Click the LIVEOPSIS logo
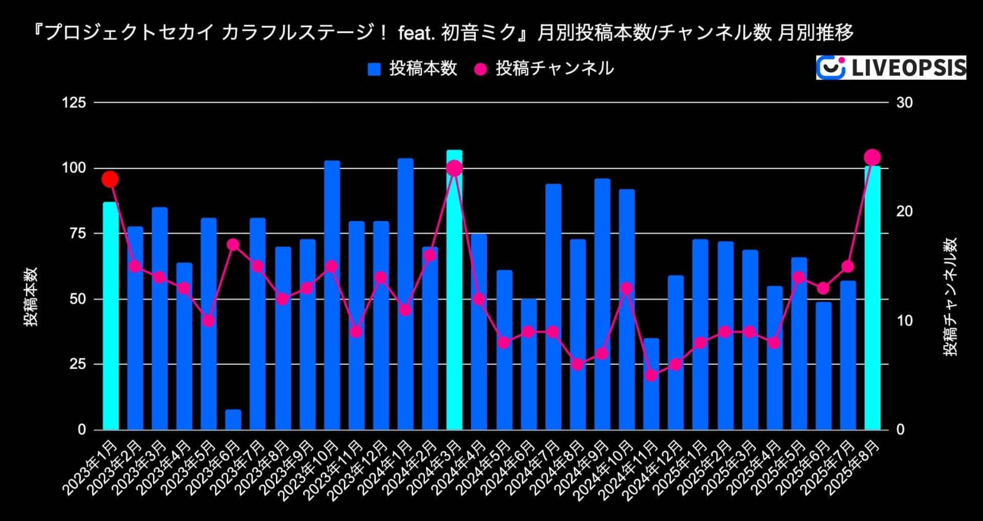(x=891, y=68)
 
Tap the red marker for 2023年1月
(x=110, y=179)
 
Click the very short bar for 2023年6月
(x=233, y=420)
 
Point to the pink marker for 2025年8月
(x=872, y=157)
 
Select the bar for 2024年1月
(x=405, y=294)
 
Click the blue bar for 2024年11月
(x=651, y=384)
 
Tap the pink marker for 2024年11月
(x=651, y=376)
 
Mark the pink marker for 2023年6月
(x=233, y=245)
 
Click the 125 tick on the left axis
(x=74, y=102)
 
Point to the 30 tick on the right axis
(x=904, y=102)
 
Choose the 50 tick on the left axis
(x=77, y=299)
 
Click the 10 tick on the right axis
(x=904, y=321)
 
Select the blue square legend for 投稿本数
(x=374, y=69)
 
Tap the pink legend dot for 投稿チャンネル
(x=480, y=69)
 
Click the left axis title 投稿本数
(x=31, y=296)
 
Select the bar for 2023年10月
(x=332, y=295)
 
